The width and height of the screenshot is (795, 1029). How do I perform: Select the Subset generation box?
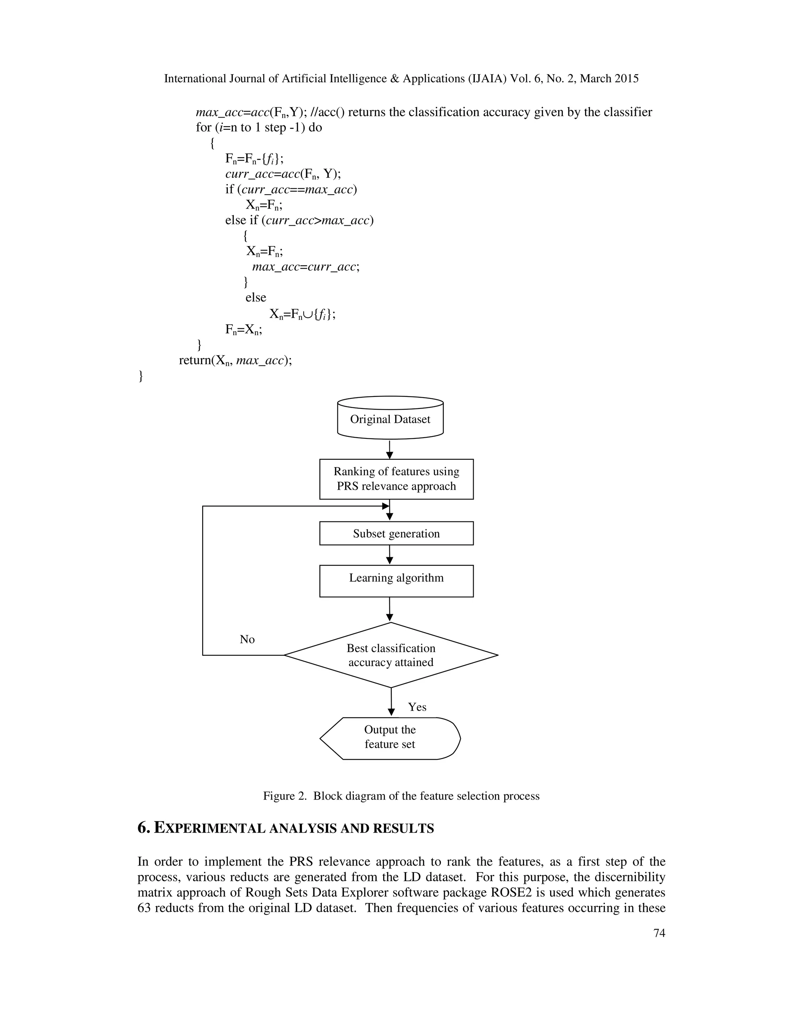[x=396, y=534]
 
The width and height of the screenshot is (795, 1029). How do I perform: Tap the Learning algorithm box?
[x=396, y=581]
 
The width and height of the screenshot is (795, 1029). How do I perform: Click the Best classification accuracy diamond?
[x=391, y=655]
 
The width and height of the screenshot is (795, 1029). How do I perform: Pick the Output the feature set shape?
[x=390, y=738]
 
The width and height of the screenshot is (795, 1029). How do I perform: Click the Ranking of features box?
[x=396, y=479]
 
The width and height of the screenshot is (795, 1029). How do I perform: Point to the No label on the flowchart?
[x=247, y=640]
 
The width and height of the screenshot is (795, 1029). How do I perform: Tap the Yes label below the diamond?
[x=417, y=707]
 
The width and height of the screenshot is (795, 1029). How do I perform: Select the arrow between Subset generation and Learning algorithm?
[x=389, y=554]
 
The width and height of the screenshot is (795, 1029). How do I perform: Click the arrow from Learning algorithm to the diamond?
[x=389, y=609]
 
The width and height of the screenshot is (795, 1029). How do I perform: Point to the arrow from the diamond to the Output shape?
[x=391, y=702]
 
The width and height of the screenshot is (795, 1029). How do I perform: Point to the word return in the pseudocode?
[x=194, y=360]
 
